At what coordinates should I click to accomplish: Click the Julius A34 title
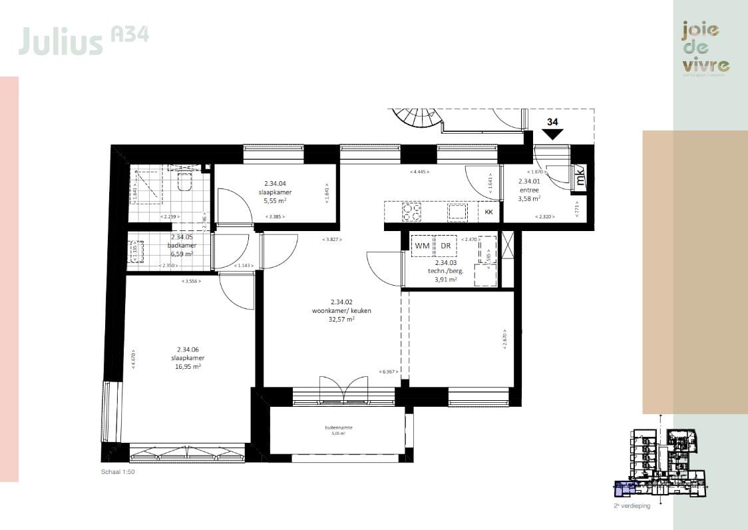click(83, 39)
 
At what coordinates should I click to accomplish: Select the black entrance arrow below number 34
click(552, 134)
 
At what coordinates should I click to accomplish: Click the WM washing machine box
click(422, 246)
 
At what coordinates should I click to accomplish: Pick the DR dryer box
click(445, 246)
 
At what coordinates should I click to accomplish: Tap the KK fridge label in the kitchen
click(488, 212)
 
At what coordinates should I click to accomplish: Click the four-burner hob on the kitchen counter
click(411, 212)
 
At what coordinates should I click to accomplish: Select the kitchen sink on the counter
click(458, 212)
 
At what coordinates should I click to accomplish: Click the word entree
click(529, 189)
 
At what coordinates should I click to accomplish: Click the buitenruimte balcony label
click(339, 428)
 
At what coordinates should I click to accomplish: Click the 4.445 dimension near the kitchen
click(419, 172)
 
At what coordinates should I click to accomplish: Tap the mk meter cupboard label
click(580, 178)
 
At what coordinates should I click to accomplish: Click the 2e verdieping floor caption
click(632, 506)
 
